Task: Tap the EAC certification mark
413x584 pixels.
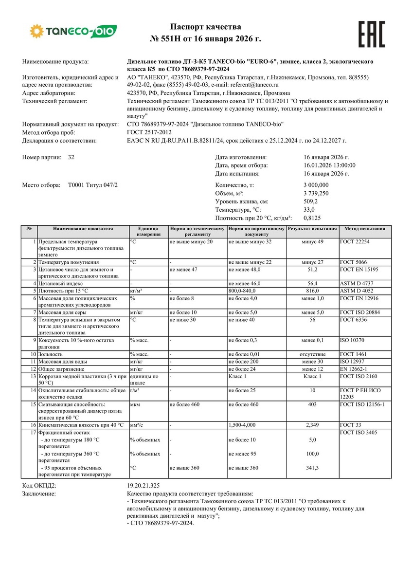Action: pyautogui.click(x=371, y=34)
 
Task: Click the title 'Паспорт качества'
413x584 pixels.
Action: pyautogui.click(x=206, y=27)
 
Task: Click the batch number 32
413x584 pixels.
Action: pyautogui.click(x=71, y=157)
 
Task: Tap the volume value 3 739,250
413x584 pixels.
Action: pyautogui.click(x=316, y=193)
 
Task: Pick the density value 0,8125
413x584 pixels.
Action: pyautogui.click(x=312, y=218)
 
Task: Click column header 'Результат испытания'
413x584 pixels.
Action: pyautogui.click(x=312, y=228)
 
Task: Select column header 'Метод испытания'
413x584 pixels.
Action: pyautogui.click(x=365, y=228)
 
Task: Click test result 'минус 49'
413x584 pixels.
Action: pyautogui.click(x=312, y=242)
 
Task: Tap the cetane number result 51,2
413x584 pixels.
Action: pyautogui.click(x=312, y=269)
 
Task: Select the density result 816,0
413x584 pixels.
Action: pyautogui.click(x=312, y=291)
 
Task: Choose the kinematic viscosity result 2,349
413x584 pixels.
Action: pyautogui.click(x=312, y=425)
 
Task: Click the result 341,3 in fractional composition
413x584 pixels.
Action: pyautogui.click(x=312, y=468)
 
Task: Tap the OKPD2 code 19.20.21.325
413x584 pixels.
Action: pyautogui.click(x=143, y=486)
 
